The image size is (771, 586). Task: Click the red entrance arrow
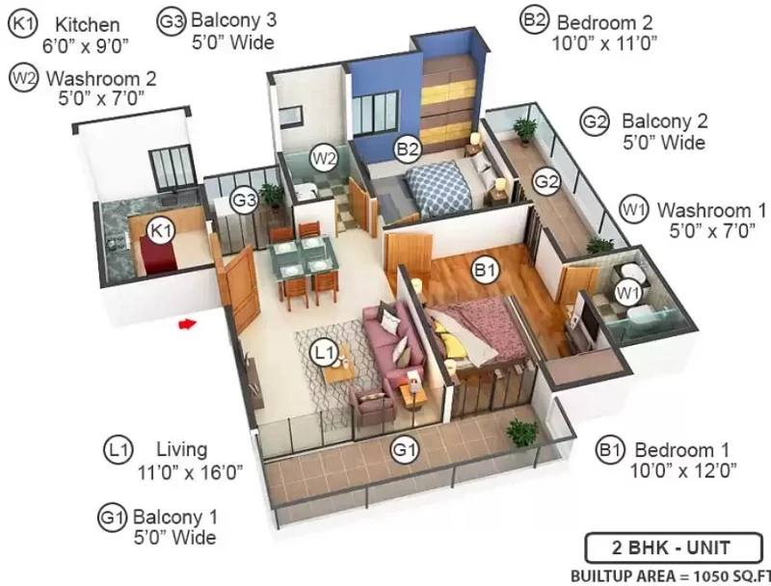pyautogui.click(x=187, y=324)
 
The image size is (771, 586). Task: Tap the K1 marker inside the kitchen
pyautogui.click(x=162, y=230)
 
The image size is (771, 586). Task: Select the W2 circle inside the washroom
pyautogui.click(x=324, y=158)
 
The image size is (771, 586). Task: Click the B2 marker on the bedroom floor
pyautogui.click(x=408, y=148)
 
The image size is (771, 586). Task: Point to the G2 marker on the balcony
pyautogui.click(x=546, y=182)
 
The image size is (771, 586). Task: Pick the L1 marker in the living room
pyautogui.click(x=325, y=353)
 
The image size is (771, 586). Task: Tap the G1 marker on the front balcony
pyautogui.click(x=405, y=449)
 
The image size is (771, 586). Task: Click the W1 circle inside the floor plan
pyautogui.click(x=628, y=294)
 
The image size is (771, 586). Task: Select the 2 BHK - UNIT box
pyautogui.click(x=673, y=547)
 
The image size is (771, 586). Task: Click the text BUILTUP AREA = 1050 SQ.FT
pyautogui.click(x=671, y=575)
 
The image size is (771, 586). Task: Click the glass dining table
pyautogui.click(x=304, y=259)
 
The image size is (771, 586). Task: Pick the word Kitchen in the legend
pyautogui.click(x=87, y=25)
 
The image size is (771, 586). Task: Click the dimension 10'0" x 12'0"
pyautogui.click(x=683, y=471)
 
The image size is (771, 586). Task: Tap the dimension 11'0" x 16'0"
pyautogui.click(x=190, y=472)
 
